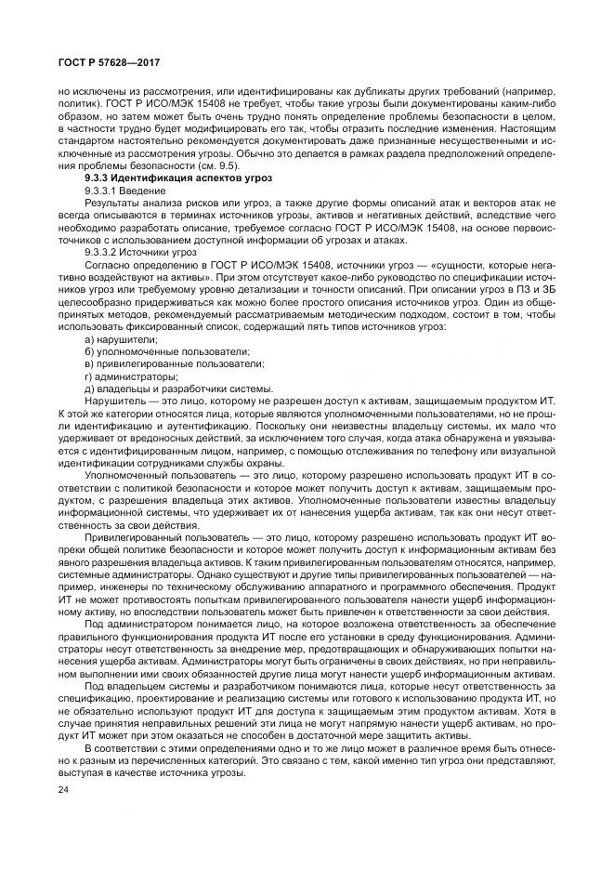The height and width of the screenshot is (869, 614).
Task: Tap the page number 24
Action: (64, 789)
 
